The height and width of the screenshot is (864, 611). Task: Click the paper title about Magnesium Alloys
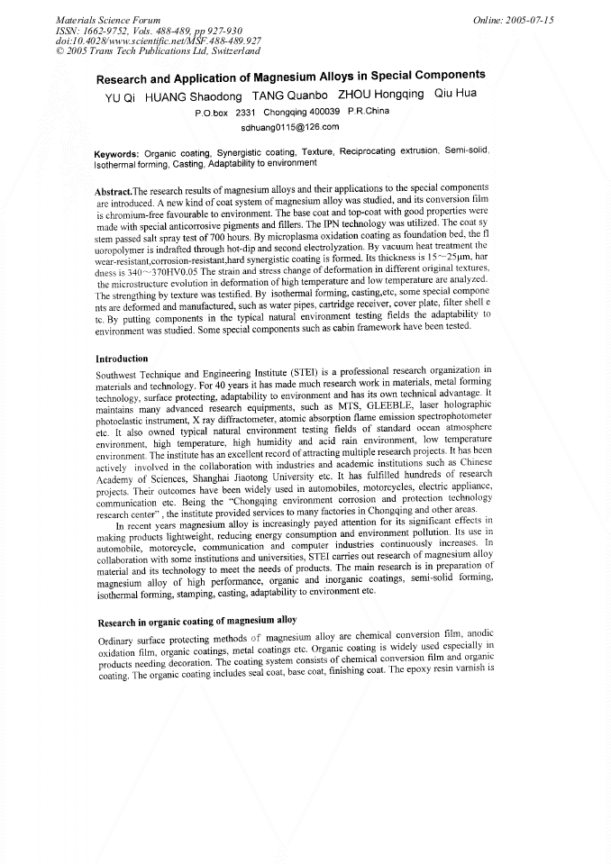click(x=290, y=77)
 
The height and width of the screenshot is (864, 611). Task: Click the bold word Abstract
click(x=113, y=191)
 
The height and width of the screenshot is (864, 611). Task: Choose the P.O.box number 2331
click(x=245, y=113)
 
